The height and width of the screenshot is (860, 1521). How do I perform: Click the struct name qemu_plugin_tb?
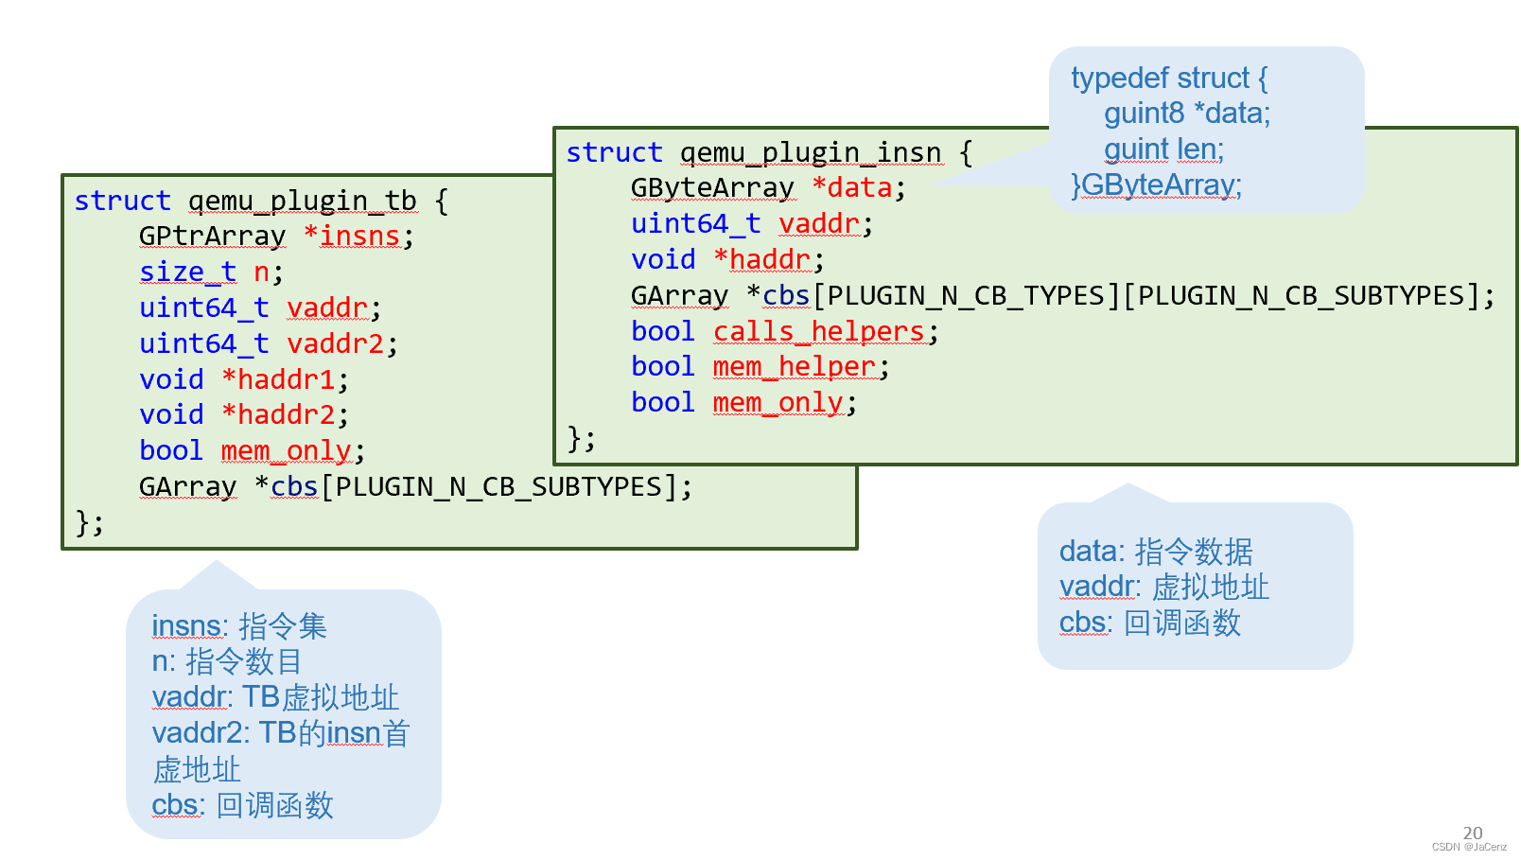(x=302, y=202)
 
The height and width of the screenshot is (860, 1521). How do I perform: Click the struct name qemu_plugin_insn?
(x=811, y=153)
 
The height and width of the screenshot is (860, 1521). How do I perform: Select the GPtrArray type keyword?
(x=212, y=237)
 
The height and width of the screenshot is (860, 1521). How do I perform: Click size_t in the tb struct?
(x=187, y=272)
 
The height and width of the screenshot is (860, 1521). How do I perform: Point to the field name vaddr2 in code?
(x=335, y=344)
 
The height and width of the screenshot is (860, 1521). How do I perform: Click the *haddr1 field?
(x=279, y=380)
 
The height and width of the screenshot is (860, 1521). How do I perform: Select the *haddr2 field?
(x=279, y=415)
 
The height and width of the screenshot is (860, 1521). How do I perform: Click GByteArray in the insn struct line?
(x=712, y=188)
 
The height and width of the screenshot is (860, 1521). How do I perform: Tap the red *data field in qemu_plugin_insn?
(x=853, y=188)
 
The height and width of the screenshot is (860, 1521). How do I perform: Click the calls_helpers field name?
(x=819, y=332)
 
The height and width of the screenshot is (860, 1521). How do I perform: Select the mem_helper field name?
(x=795, y=367)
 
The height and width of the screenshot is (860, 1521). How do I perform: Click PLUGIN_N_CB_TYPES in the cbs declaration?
(x=967, y=297)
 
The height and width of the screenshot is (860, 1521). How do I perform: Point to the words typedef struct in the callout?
(x=1160, y=79)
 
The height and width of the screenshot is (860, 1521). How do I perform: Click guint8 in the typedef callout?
(x=1143, y=114)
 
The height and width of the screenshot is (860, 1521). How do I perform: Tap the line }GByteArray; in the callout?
(x=1156, y=185)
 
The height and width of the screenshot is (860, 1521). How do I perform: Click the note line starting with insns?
(x=238, y=626)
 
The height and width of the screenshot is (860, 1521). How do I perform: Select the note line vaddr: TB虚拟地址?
(x=275, y=697)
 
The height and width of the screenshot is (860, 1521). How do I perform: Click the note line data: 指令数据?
(x=1155, y=552)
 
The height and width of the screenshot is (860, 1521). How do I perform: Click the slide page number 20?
(x=1472, y=834)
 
